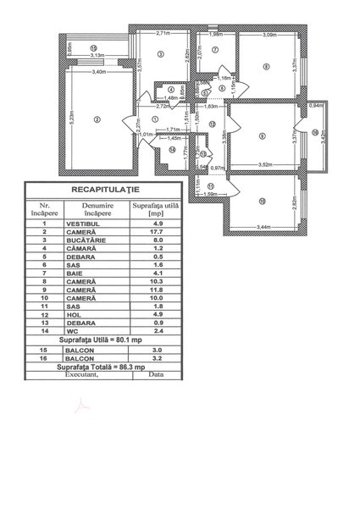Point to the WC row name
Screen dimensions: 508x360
pos(69,332)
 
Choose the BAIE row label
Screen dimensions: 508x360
pos(72,273)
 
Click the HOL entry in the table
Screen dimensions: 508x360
pos(71,315)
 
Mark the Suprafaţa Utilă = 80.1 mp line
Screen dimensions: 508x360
pos(107,340)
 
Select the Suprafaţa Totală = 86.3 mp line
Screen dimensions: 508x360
pos(108,367)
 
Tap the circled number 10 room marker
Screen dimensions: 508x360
pos(263,200)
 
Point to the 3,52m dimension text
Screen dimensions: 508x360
pos(264,165)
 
